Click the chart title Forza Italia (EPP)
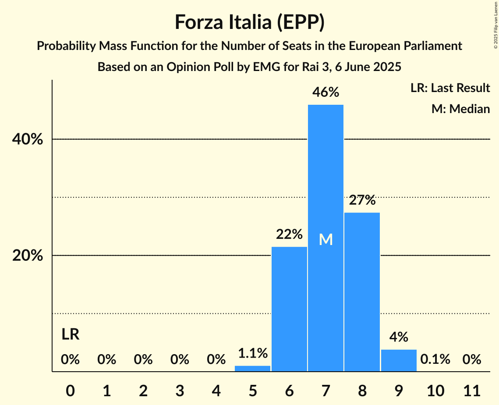(x=249, y=22)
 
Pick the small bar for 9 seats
(x=399, y=360)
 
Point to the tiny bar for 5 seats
(x=253, y=369)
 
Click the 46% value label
(x=326, y=92)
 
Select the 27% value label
(x=362, y=200)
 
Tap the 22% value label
(x=289, y=234)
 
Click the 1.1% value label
(x=253, y=353)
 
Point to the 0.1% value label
(x=435, y=359)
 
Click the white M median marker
(x=326, y=239)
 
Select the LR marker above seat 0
(x=70, y=334)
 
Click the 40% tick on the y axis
(x=27, y=139)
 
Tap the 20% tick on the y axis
(x=27, y=256)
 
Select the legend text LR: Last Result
(x=450, y=88)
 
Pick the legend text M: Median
(x=460, y=109)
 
